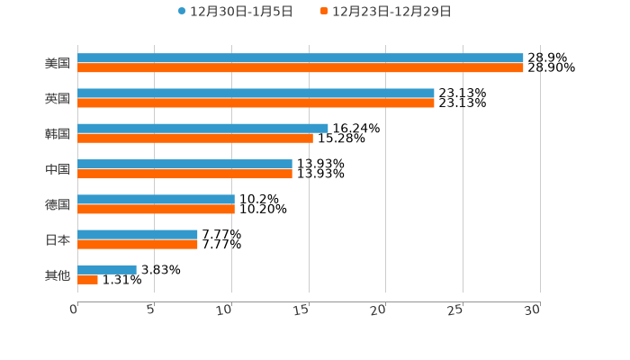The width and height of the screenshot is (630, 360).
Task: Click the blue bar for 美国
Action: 301,58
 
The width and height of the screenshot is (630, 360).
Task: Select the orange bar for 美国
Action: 301,68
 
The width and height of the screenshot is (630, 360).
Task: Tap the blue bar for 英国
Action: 256,94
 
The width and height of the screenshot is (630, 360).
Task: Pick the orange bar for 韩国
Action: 195,139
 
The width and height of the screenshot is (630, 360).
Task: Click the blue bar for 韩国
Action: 202,129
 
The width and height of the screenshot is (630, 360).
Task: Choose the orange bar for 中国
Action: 184,174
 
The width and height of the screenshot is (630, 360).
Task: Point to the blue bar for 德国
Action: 156,200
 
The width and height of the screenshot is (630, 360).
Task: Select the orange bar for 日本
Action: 138,244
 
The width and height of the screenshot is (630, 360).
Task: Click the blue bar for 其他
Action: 107,269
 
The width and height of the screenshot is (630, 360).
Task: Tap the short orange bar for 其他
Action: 87,280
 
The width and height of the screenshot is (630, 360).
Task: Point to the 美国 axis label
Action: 58,64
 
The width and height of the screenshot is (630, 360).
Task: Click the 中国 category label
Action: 58,169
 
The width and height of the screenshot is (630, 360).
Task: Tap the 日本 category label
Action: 58,239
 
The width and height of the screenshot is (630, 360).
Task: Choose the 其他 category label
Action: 58,274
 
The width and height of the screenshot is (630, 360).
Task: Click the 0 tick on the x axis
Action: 75,310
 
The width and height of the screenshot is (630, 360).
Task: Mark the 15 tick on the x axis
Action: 302,310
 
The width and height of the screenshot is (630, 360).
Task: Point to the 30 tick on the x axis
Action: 533,310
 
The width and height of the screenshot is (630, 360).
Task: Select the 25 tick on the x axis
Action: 456,310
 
